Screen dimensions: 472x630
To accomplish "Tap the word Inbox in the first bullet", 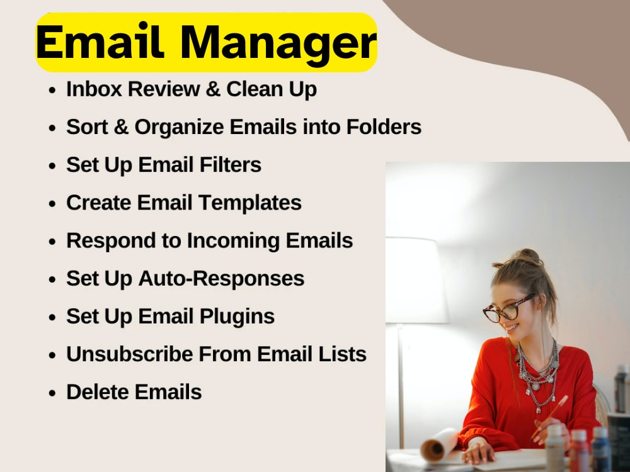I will (x=93, y=89).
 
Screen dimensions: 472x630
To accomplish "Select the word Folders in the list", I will (x=384, y=127).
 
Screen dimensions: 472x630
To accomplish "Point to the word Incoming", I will (x=234, y=240).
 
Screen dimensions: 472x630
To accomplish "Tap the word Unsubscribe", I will (x=129, y=354).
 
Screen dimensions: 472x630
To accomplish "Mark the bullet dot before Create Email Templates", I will (x=54, y=204).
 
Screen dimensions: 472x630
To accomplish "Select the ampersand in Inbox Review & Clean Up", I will (x=213, y=89).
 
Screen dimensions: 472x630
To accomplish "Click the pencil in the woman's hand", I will (x=549, y=415).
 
